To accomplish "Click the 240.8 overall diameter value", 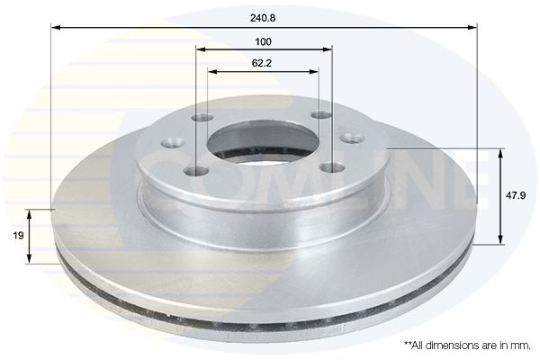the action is [x=263, y=18].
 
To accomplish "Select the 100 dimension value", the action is [x=263, y=42].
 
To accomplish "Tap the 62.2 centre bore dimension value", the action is [x=262, y=63].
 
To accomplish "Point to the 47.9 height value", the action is [x=516, y=195].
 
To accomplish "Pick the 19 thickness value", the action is [x=18, y=236].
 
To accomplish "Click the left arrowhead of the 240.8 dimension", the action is [x=56, y=27].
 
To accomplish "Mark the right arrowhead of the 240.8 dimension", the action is [x=472, y=27].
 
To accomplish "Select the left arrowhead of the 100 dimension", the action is [x=201, y=49].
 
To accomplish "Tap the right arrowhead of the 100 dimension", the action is [x=328, y=49].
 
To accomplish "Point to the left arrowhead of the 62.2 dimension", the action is [x=213, y=72].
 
